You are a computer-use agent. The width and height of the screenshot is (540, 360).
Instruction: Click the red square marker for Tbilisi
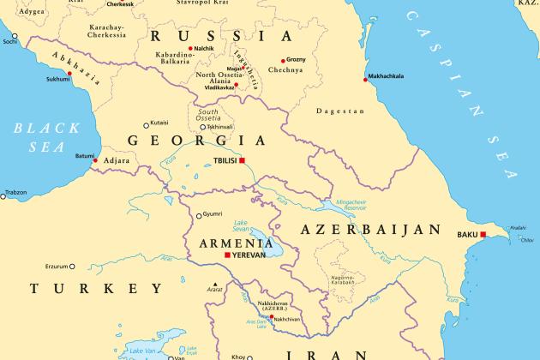point(243,160)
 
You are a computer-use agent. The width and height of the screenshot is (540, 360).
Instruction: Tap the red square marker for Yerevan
point(226,255)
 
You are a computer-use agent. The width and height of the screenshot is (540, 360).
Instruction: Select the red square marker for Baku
point(483,234)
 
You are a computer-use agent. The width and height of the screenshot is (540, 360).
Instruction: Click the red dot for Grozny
point(280,60)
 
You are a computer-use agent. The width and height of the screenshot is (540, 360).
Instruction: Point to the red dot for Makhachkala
point(363,79)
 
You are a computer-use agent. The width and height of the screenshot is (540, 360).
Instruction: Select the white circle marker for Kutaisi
point(146,123)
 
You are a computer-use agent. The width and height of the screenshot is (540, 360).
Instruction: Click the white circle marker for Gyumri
point(199,215)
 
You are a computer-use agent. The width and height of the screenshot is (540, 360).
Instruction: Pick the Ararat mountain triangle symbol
point(216,285)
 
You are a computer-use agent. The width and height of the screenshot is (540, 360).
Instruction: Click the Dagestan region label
point(335,111)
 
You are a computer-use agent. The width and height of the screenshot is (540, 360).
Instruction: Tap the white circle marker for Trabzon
point(3,196)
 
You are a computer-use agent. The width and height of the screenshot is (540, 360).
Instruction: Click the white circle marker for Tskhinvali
point(203,127)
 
